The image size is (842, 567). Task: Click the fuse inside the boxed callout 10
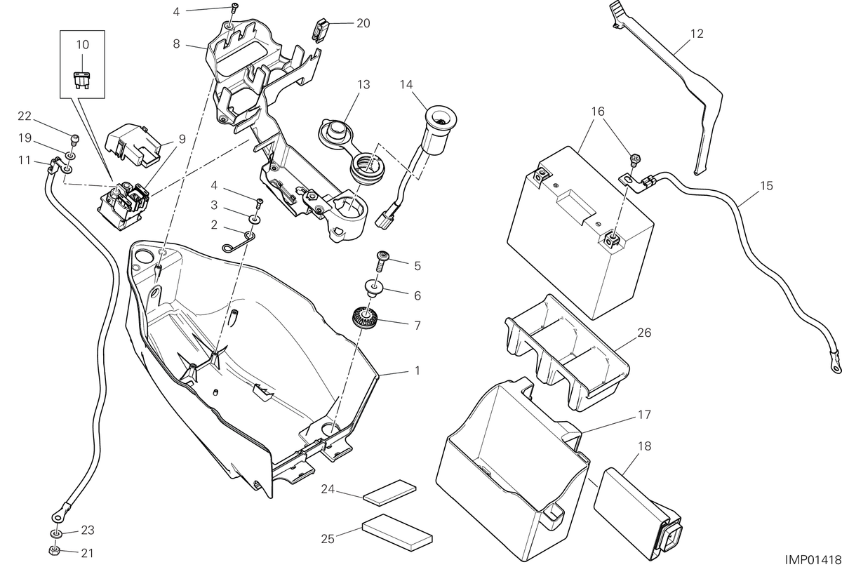click(x=81, y=80)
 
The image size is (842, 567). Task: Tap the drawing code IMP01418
click(x=813, y=559)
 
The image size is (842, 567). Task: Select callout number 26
click(x=644, y=333)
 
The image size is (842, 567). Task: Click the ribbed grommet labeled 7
click(x=365, y=317)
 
